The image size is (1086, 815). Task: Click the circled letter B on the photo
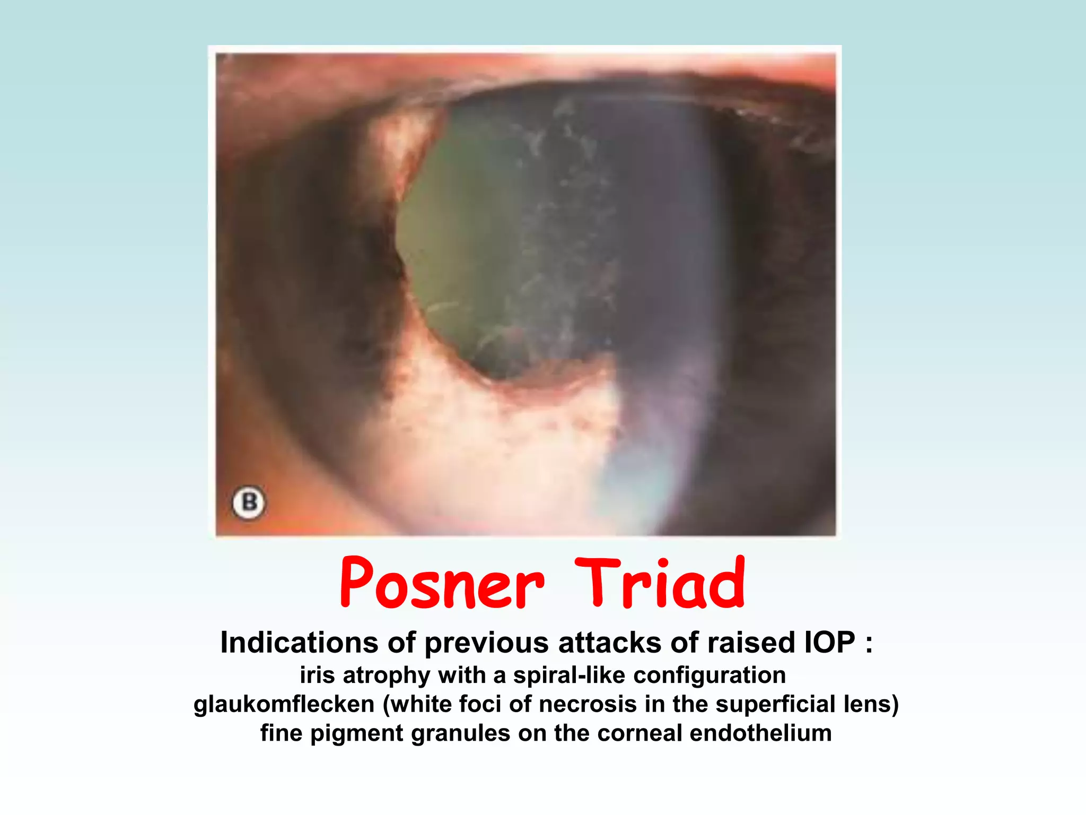[x=249, y=502]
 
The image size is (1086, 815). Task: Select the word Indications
[x=299, y=643]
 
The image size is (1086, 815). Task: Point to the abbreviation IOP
[x=830, y=643]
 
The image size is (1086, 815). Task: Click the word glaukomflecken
[x=284, y=705]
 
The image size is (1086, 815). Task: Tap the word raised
[x=751, y=643]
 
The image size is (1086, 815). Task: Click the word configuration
[x=710, y=675]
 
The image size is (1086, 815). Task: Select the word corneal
[x=639, y=733]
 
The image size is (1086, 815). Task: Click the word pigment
[x=358, y=733]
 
